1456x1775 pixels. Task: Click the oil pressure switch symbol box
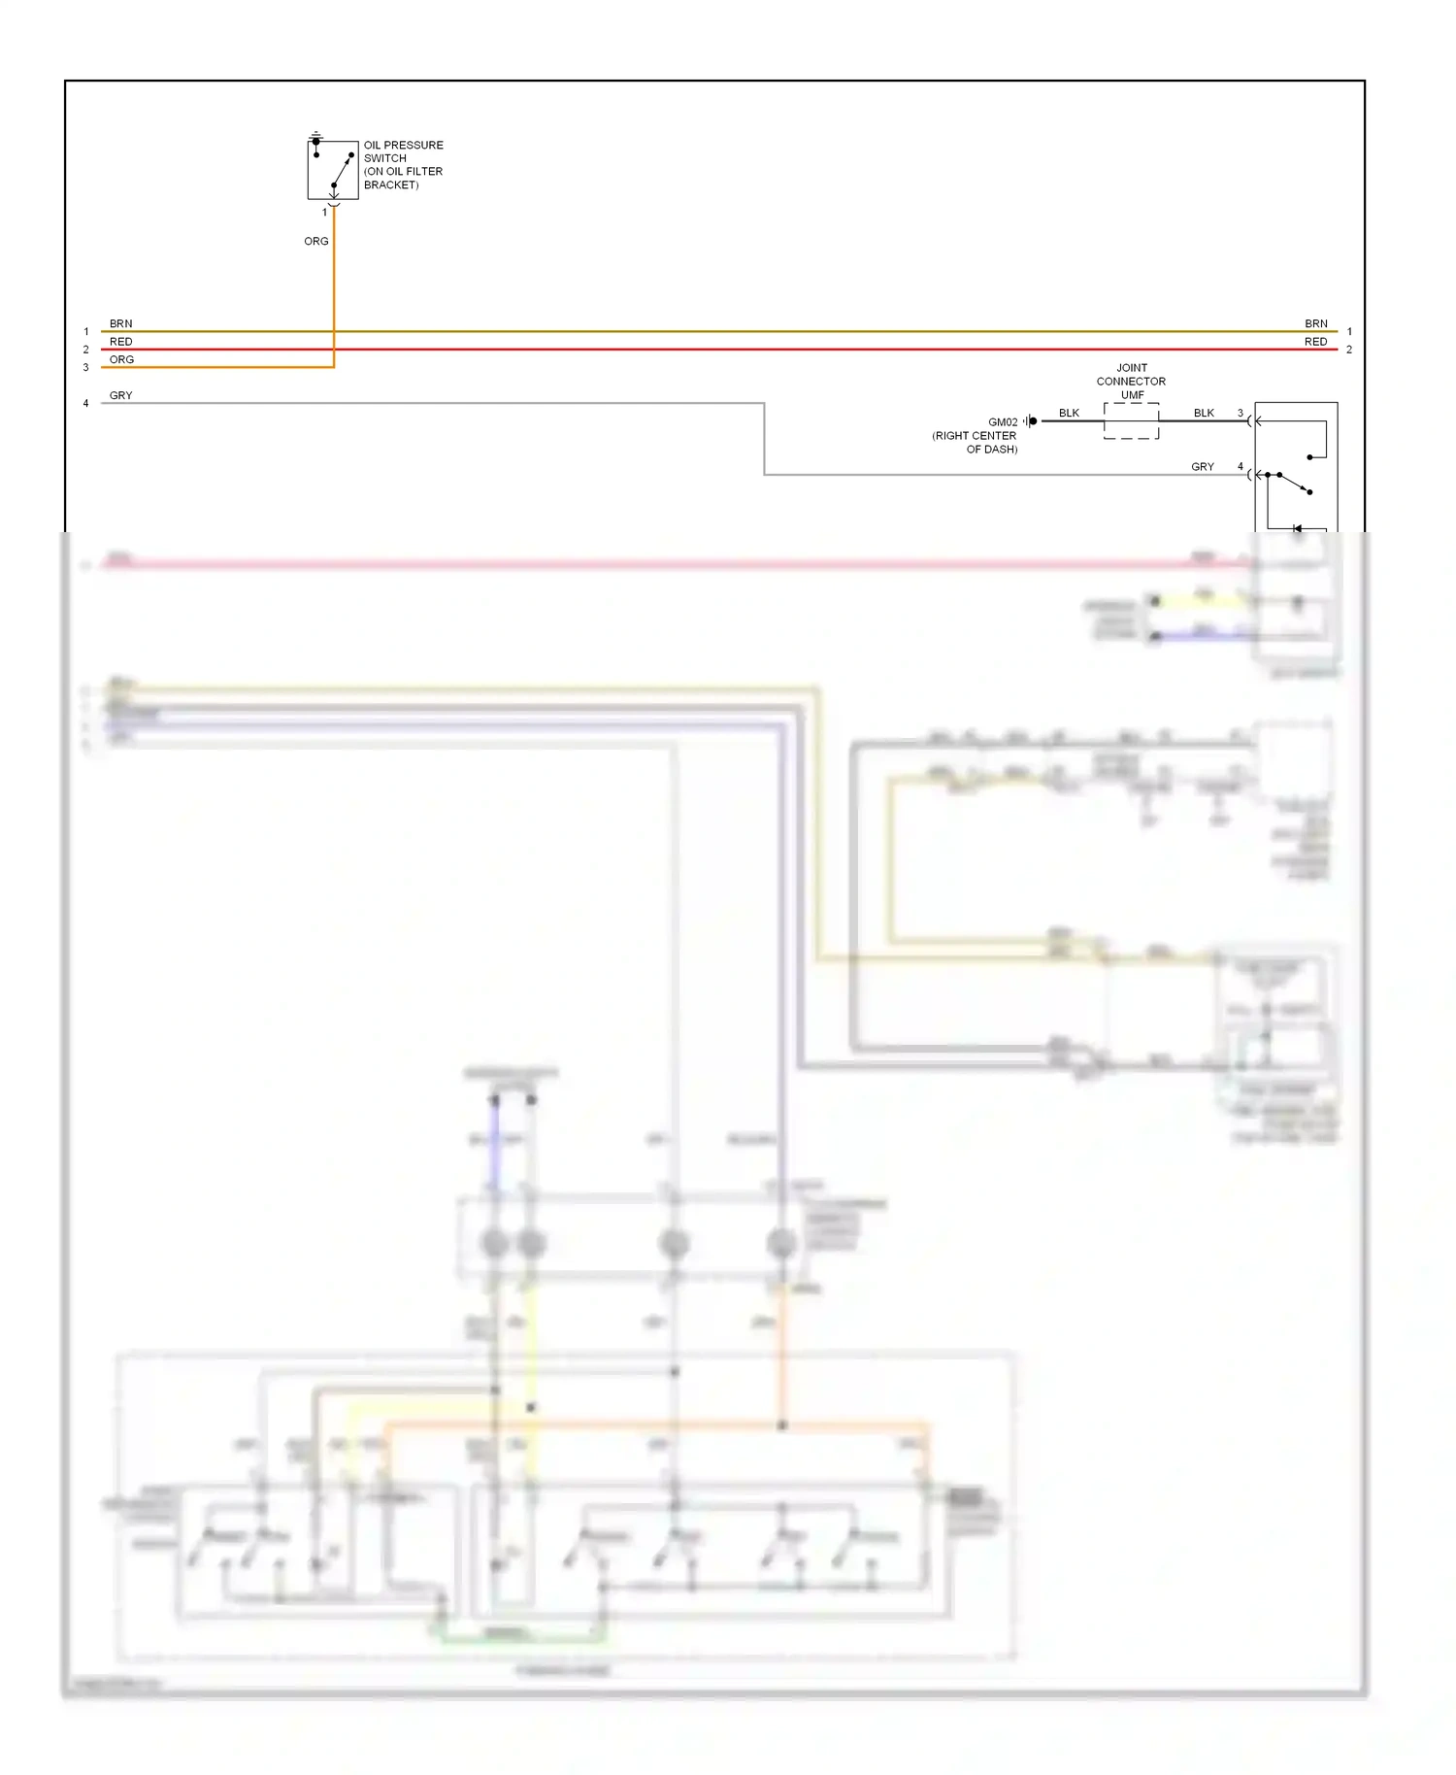(x=333, y=170)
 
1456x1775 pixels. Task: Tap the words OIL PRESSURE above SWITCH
(x=403, y=146)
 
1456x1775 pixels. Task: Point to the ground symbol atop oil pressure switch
(x=315, y=134)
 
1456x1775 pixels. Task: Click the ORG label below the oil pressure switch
(x=315, y=241)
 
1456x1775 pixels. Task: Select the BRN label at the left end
(x=120, y=323)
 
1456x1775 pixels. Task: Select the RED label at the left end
(x=120, y=342)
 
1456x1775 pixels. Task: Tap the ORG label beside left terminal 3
(x=121, y=359)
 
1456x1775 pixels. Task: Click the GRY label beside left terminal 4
(x=120, y=395)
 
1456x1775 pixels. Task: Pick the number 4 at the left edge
(x=85, y=403)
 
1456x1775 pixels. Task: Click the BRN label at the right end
(x=1315, y=323)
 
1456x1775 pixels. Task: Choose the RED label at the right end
(x=1315, y=342)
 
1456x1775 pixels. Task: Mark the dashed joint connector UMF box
(x=1131, y=421)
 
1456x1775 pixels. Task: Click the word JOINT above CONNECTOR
(x=1132, y=368)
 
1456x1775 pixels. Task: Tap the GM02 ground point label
(x=1003, y=422)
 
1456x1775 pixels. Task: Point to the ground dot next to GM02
(x=1033, y=421)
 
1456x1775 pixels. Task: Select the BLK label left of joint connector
(x=1069, y=413)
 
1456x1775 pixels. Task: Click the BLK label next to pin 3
(x=1204, y=413)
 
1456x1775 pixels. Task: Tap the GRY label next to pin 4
(x=1202, y=467)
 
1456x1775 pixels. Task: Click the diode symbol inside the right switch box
(x=1298, y=529)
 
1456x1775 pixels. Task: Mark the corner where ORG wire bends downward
(x=334, y=367)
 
